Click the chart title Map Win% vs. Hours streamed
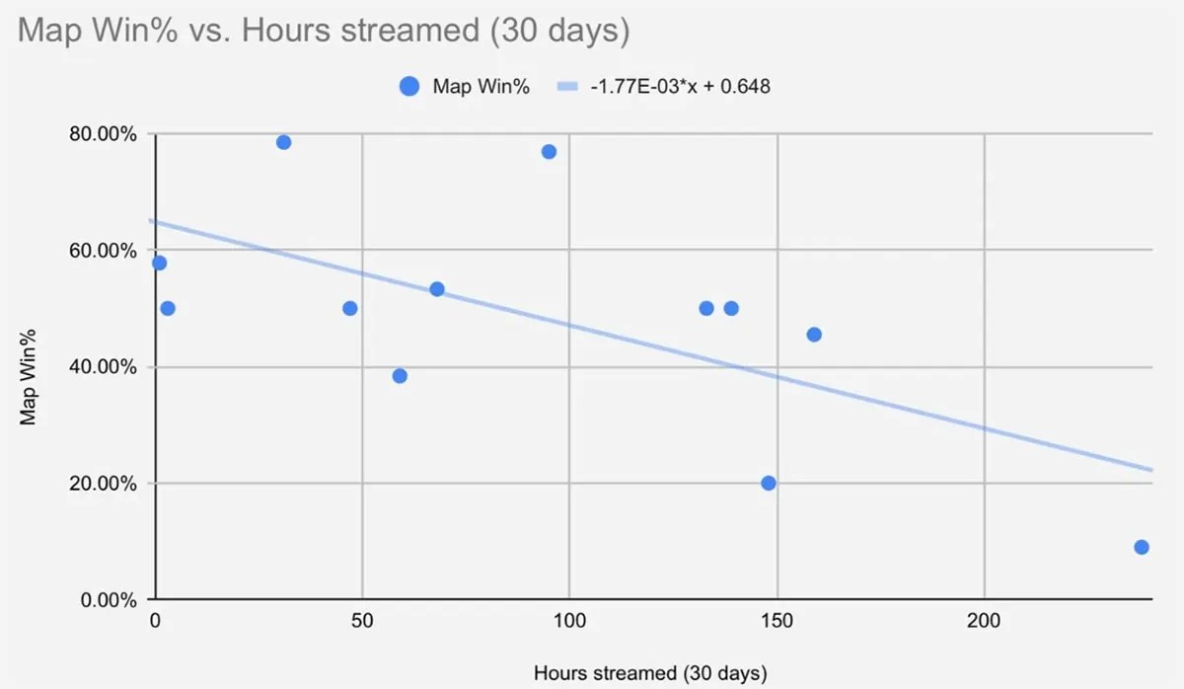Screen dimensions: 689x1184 click(x=324, y=31)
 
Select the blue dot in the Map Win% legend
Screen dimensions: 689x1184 click(x=409, y=86)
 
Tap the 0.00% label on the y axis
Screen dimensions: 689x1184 click(x=110, y=600)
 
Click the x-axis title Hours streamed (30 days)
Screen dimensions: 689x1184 click(x=650, y=673)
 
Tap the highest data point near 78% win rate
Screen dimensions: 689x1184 click(x=283, y=142)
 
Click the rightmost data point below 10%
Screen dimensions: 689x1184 click(x=1142, y=547)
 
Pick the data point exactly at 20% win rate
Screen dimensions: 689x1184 click(x=769, y=483)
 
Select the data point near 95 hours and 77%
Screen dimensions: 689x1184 click(x=549, y=151)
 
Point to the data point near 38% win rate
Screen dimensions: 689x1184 click(x=400, y=375)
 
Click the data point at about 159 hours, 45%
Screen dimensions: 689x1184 click(x=814, y=335)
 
